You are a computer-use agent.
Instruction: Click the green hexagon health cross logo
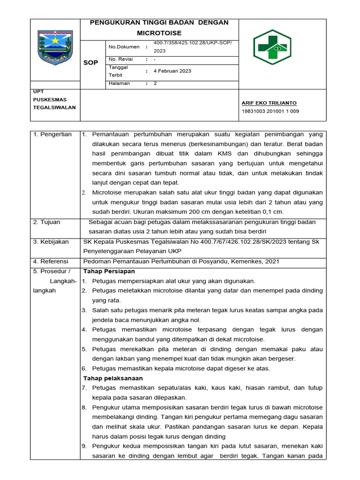[x=272, y=47]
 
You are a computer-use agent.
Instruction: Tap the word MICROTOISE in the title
[x=159, y=33]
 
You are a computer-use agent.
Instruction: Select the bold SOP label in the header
[x=90, y=63]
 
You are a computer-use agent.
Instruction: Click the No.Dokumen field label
[x=124, y=47]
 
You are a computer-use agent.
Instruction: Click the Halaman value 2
[x=155, y=83]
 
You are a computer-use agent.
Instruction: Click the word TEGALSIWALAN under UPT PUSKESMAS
[x=54, y=107]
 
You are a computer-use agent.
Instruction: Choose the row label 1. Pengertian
[x=52, y=135]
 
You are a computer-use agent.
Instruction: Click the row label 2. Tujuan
[x=47, y=222]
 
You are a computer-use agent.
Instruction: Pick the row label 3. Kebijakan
[x=51, y=242]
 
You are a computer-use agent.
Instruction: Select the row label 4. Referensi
[x=51, y=262]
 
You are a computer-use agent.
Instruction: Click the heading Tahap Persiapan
[x=109, y=271]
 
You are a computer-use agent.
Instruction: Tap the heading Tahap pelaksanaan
[x=113, y=378]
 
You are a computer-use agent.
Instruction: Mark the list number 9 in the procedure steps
[x=84, y=446]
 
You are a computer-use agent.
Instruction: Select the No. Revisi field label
[x=121, y=60]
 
